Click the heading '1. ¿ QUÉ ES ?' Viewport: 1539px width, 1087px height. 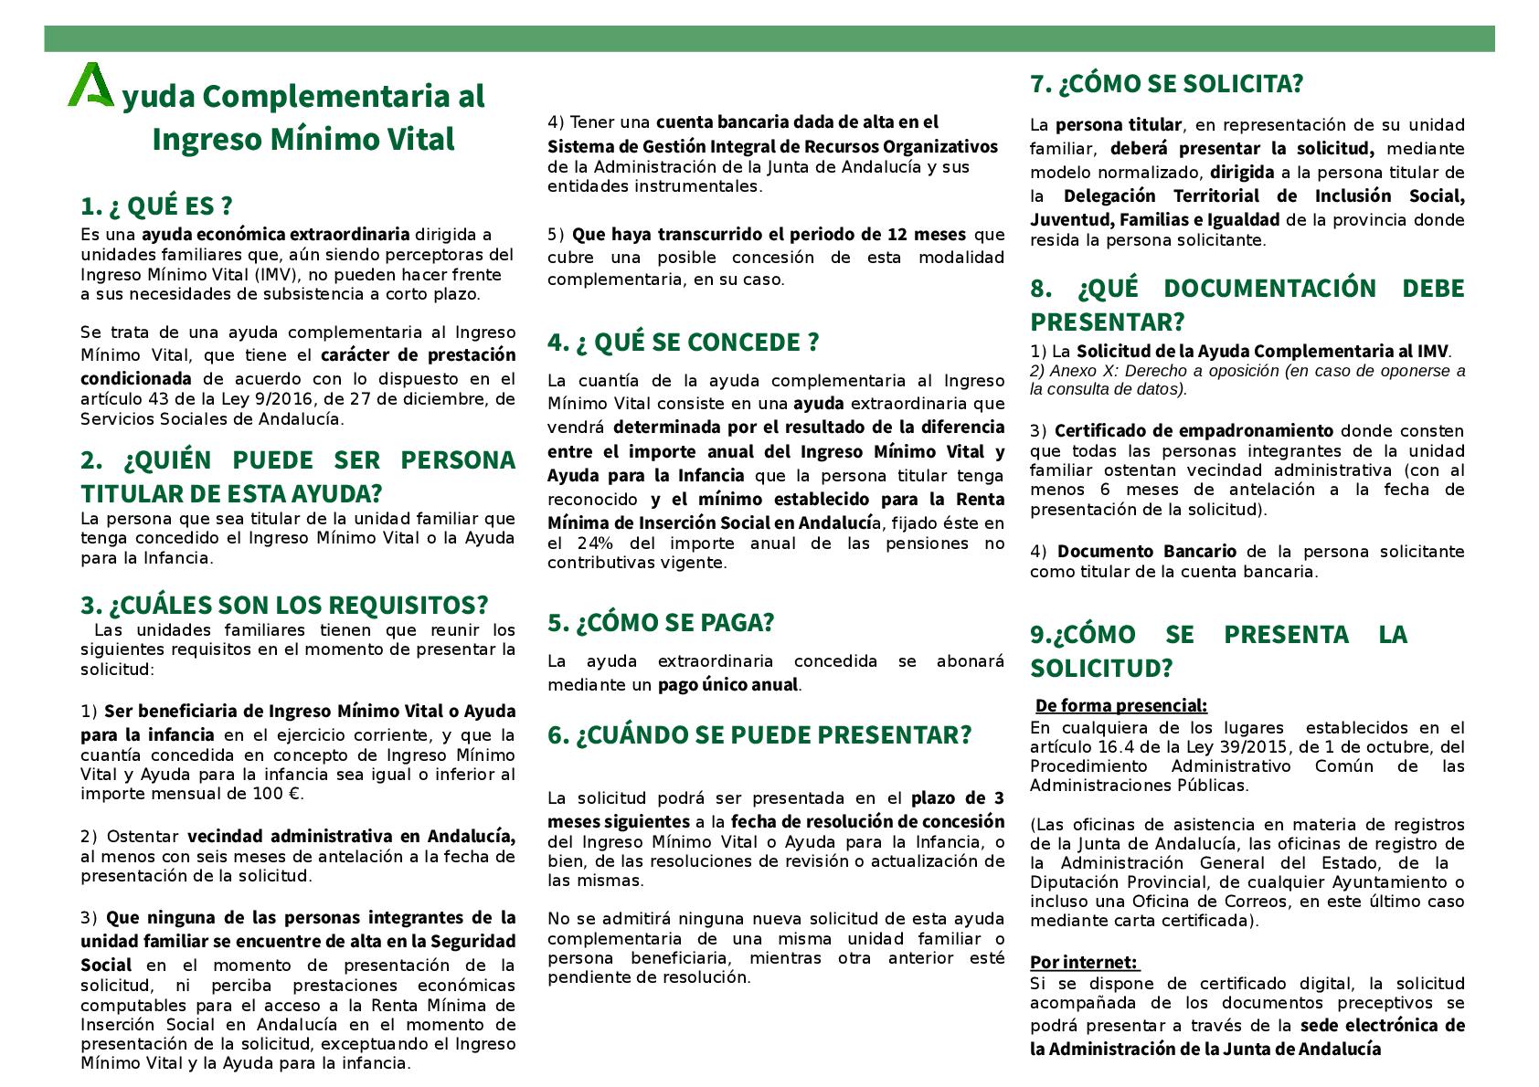(156, 206)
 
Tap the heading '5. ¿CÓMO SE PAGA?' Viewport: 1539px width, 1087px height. (661, 622)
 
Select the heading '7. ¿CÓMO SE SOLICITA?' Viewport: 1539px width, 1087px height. (1166, 84)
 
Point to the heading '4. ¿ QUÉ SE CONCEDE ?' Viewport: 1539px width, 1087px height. (683, 342)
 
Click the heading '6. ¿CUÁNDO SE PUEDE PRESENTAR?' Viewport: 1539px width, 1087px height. (759, 734)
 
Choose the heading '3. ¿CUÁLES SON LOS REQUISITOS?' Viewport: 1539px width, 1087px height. (284, 605)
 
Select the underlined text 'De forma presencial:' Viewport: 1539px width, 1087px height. (1120, 706)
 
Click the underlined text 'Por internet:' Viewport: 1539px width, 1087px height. (1084, 963)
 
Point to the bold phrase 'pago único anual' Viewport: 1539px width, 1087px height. (727, 685)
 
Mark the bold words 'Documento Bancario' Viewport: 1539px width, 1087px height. (1146, 552)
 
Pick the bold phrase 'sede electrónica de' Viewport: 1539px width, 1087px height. (1382, 1026)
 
